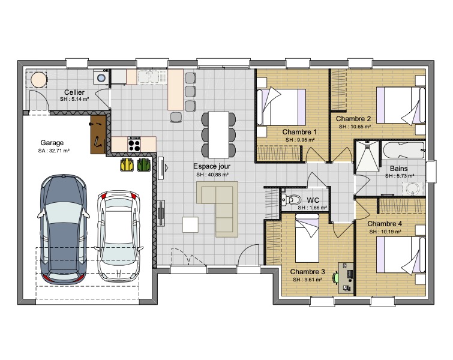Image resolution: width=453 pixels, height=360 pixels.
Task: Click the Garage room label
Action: coord(52,143)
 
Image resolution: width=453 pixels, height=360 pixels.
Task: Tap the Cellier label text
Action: coord(74,92)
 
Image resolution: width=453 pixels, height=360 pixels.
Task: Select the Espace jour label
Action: coord(212,166)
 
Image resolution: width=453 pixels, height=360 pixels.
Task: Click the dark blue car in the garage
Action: coord(63,230)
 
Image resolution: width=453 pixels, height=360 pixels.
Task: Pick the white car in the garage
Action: coord(119,236)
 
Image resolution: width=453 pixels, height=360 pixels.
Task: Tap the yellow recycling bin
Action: coord(127,164)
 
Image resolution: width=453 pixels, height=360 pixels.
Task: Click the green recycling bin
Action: coord(144,164)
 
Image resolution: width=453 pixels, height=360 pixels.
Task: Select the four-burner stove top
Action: coord(134,144)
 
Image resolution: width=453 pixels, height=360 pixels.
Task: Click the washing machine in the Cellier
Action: coord(101,77)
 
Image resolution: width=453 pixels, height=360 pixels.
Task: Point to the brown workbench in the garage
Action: coord(98,134)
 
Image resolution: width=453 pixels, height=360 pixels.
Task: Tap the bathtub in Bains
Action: coord(403,150)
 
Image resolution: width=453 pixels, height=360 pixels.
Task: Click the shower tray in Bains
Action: coord(367,157)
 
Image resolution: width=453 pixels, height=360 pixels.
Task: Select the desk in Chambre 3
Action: coord(346,278)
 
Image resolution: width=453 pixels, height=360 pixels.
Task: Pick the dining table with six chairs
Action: coord(218,134)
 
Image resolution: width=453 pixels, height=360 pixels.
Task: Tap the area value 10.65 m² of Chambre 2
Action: coord(355,127)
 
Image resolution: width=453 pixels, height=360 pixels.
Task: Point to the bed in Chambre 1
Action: coord(281,107)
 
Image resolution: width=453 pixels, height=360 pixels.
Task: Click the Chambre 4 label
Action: coord(385,224)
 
